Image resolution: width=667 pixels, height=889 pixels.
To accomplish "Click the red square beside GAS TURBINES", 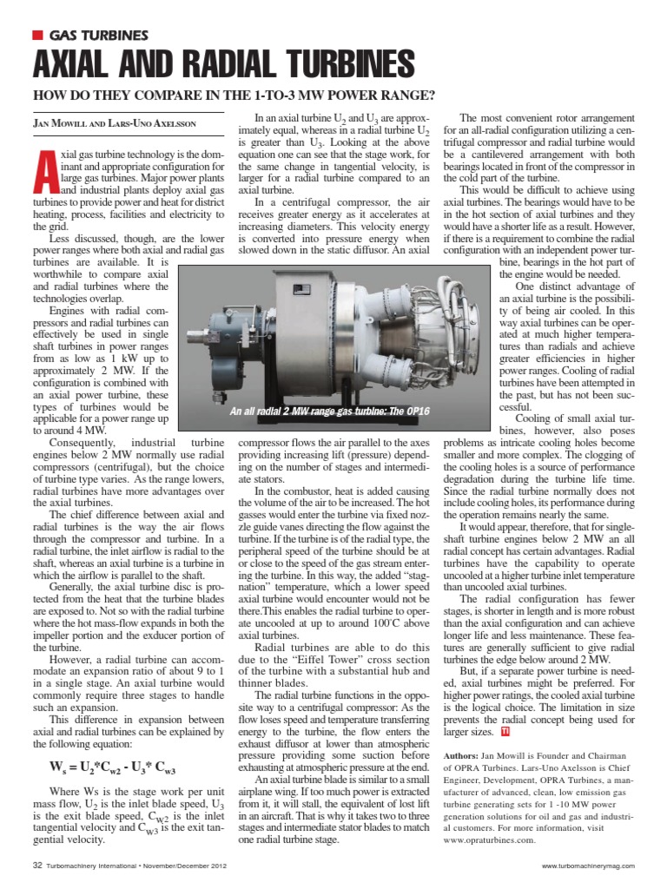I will (36, 35).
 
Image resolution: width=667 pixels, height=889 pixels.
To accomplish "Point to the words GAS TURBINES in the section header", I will (98, 35).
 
